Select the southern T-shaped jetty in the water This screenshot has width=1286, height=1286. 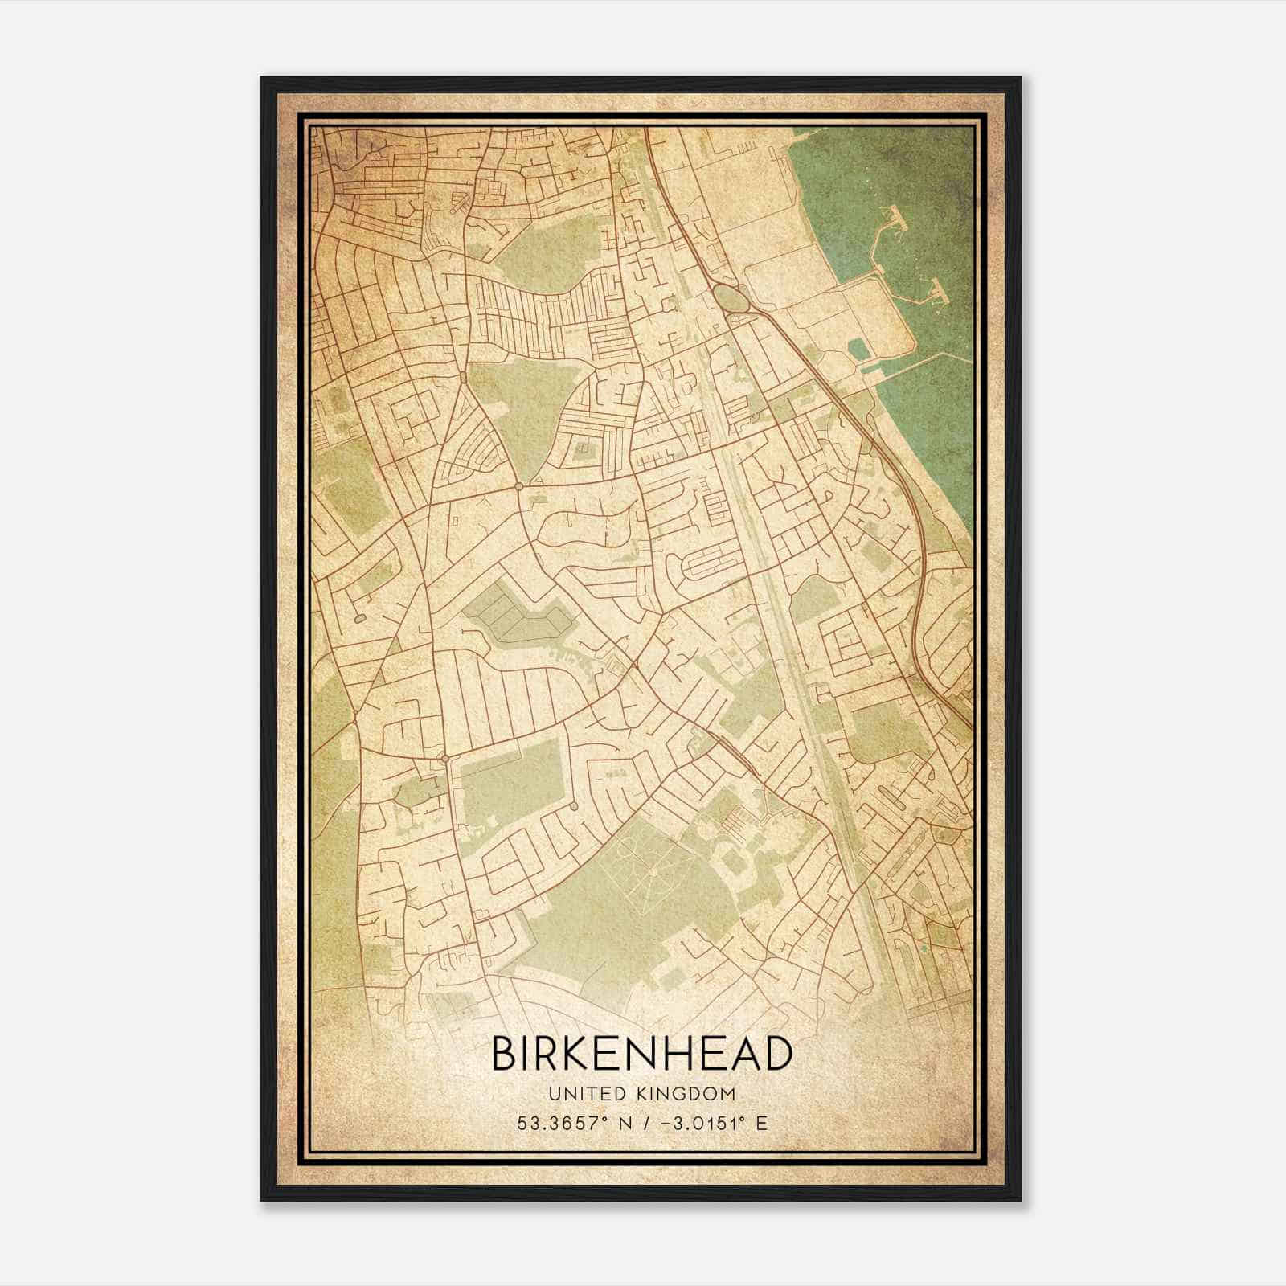pyautogui.click(x=936, y=289)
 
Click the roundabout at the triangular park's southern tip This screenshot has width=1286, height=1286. pyautogui.click(x=519, y=486)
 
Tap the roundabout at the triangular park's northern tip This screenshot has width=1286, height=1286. pyautogui.click(x=464, y=376)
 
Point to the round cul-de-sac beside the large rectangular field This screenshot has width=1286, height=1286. pyautogui.click(x=574, y=805)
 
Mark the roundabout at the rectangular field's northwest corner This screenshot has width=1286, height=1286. pyautogui.click(x=444, y=758)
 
